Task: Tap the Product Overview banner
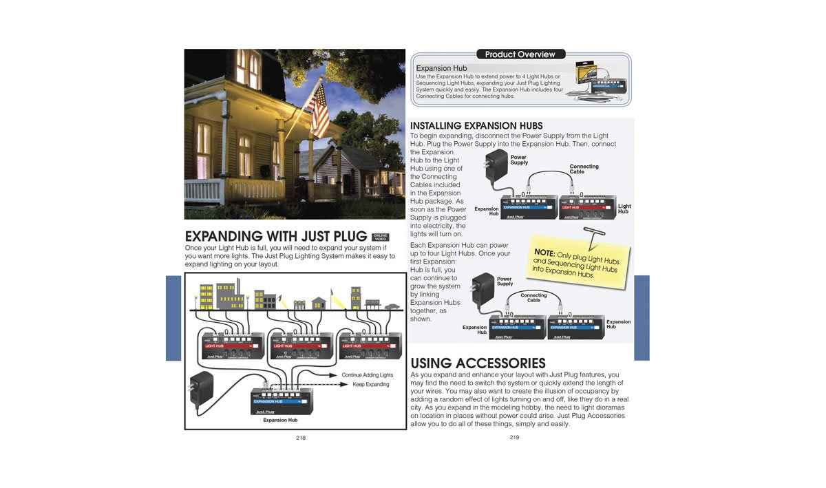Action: point(520,54)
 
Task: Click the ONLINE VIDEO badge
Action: point(380,237)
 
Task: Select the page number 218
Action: point(301,438)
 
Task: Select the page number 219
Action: point(514,437)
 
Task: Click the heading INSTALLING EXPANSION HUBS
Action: point(476,126)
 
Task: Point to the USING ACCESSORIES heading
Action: point(478,363)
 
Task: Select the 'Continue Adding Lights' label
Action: point(367,375)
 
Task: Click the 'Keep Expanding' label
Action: point(370,385)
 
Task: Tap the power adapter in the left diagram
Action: point(200,390)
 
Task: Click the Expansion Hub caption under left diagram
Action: point(280,420)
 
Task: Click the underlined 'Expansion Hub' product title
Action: point(441,69)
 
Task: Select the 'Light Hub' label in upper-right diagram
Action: point(624,209)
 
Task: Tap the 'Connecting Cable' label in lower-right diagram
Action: point(533,297)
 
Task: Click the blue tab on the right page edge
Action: point(642,317)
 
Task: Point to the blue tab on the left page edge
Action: point(173,317)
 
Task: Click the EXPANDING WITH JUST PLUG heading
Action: point(276,237)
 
